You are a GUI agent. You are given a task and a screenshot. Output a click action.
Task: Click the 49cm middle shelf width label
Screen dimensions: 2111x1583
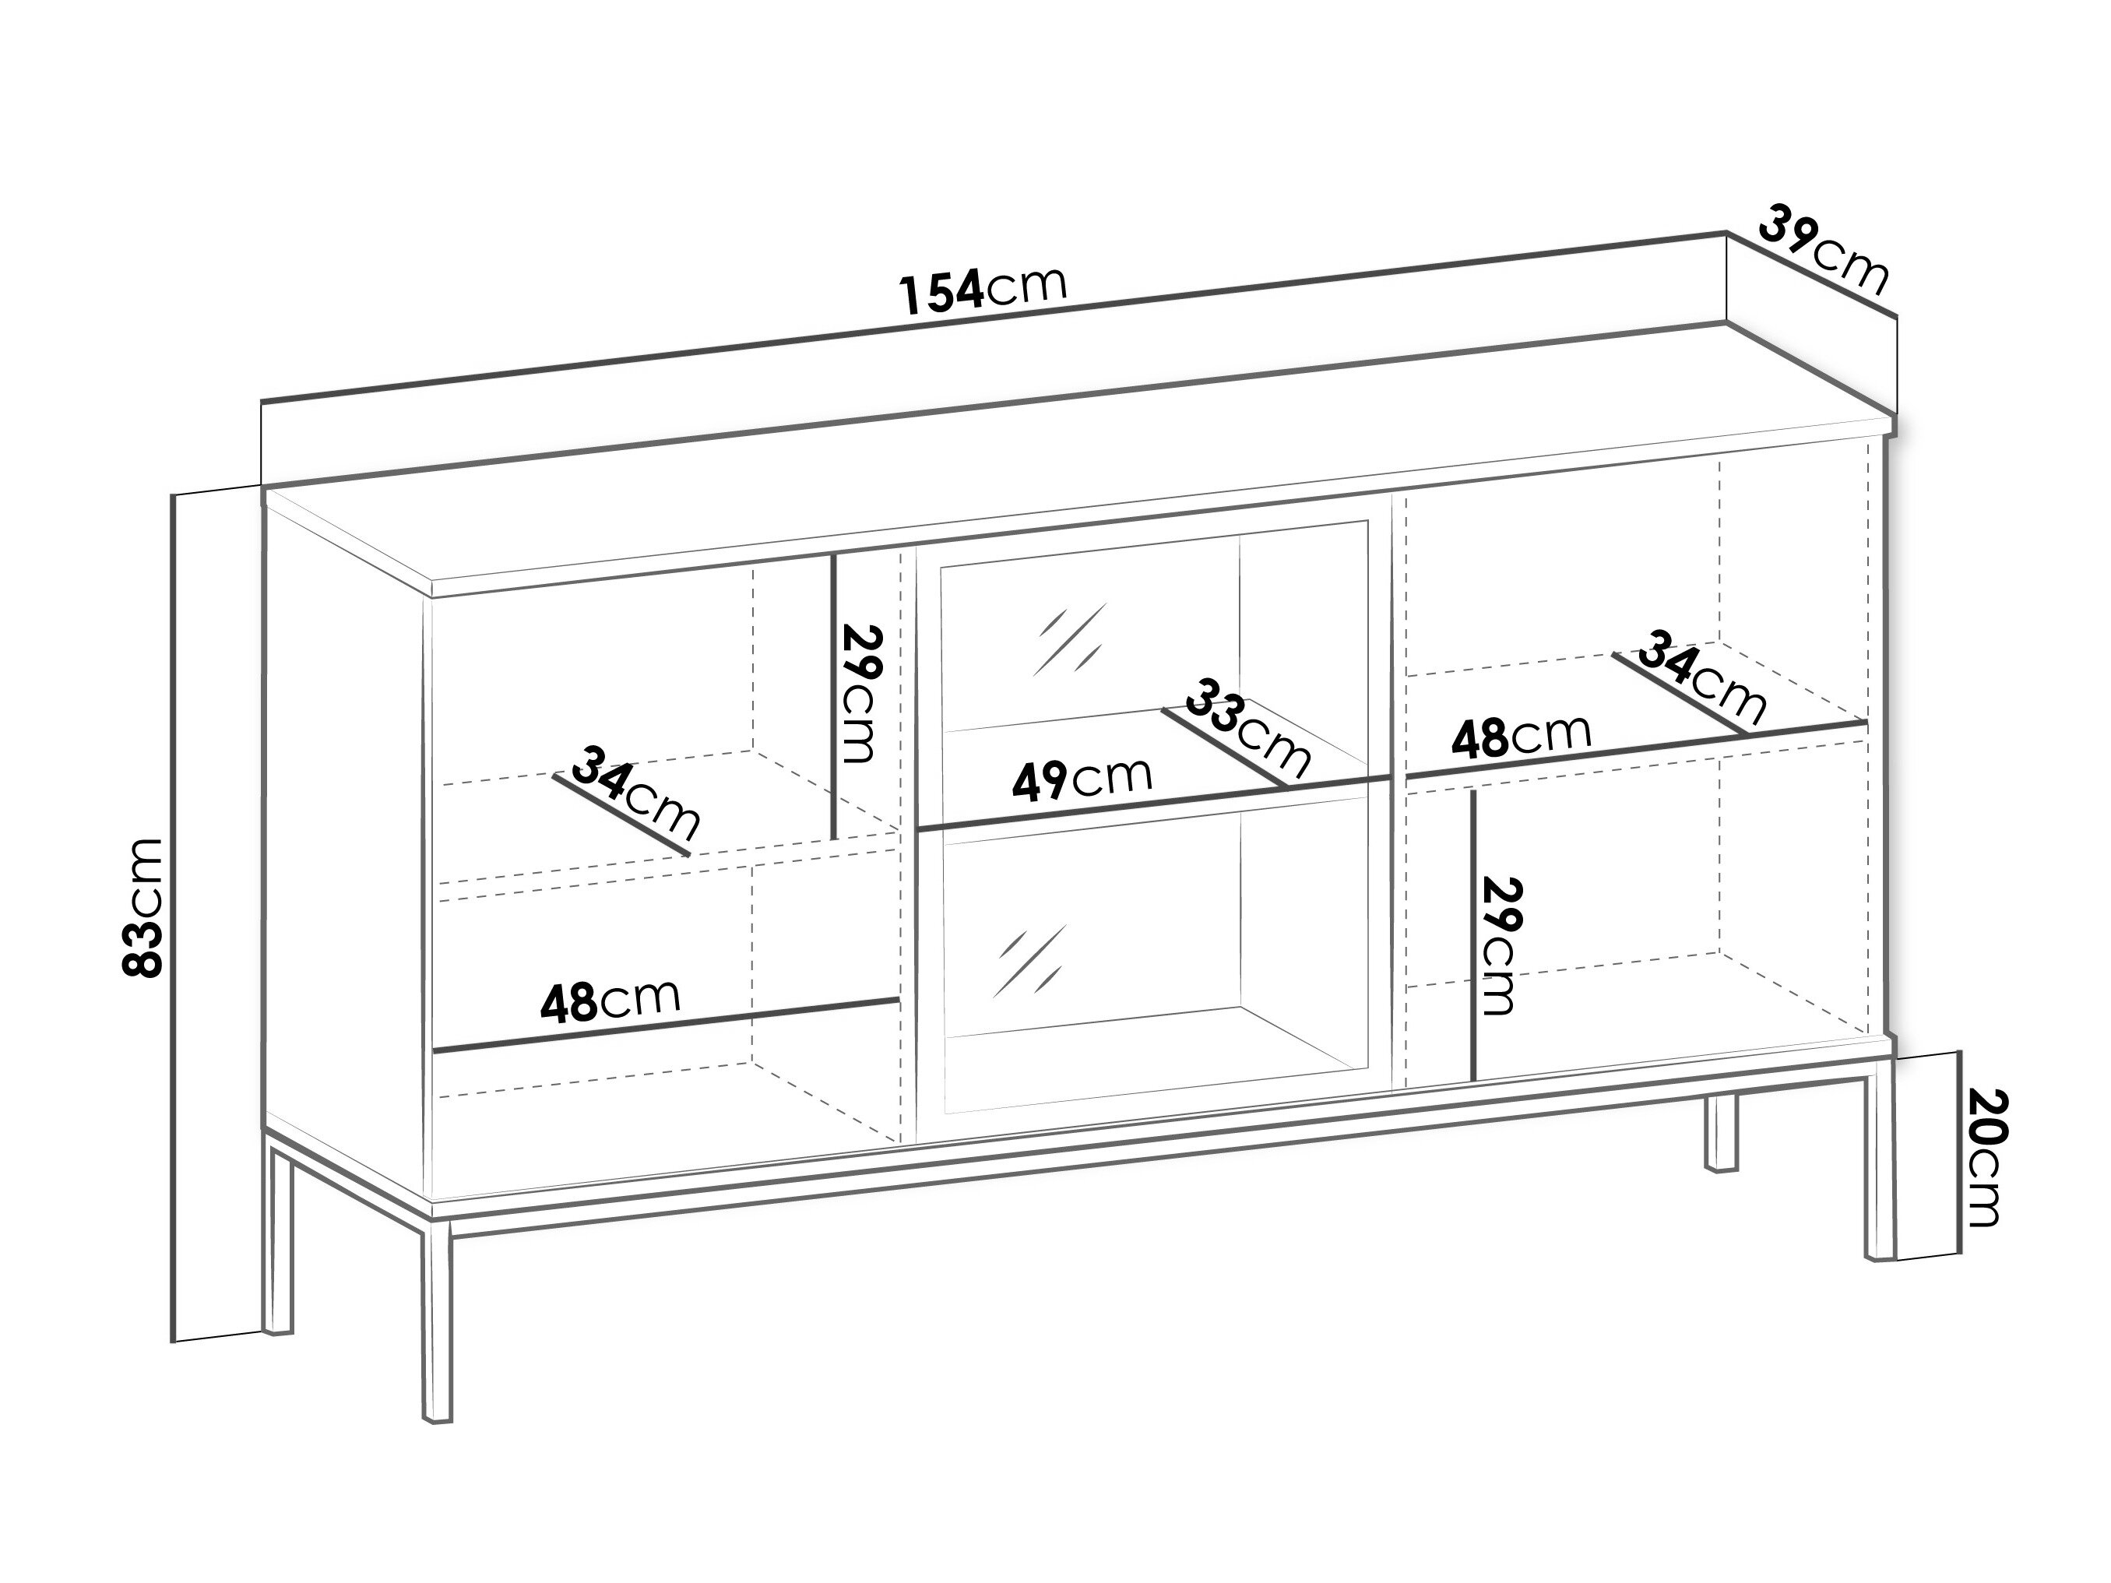click(1082, 779)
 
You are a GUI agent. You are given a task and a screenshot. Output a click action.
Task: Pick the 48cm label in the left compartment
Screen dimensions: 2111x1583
click(610, 999)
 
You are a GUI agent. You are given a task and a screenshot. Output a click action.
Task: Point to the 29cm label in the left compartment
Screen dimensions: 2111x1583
click(858, 694)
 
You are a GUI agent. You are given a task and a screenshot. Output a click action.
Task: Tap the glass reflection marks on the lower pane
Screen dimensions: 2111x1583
click(1029, 961)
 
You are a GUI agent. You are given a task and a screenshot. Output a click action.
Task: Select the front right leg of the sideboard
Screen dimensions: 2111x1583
click(1879, 1169)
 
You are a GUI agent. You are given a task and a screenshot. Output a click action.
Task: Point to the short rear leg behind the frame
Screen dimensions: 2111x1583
click(1721, 1131)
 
